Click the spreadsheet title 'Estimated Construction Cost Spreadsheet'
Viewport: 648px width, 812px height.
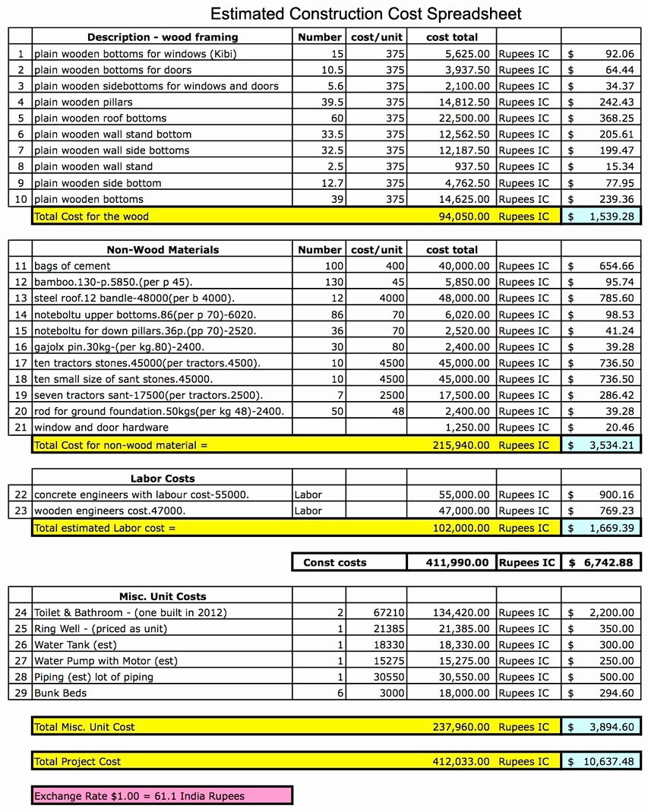coord(365,14)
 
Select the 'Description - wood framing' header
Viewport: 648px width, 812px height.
coord(162,37)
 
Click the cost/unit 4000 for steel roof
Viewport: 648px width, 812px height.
coord(392,298)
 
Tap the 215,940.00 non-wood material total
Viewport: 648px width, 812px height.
coord(461,445)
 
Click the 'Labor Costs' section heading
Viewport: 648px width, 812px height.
coord(162,479)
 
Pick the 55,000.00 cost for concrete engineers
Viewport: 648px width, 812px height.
coord(464,494)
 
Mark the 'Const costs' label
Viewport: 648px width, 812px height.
coord(334,563)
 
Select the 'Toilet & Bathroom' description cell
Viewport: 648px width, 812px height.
coord(130,612)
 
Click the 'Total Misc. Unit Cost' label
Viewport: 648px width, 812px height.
coord(84,727)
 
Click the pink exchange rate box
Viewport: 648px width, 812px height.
coord(162,796)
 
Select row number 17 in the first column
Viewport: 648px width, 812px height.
coord(21,362)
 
